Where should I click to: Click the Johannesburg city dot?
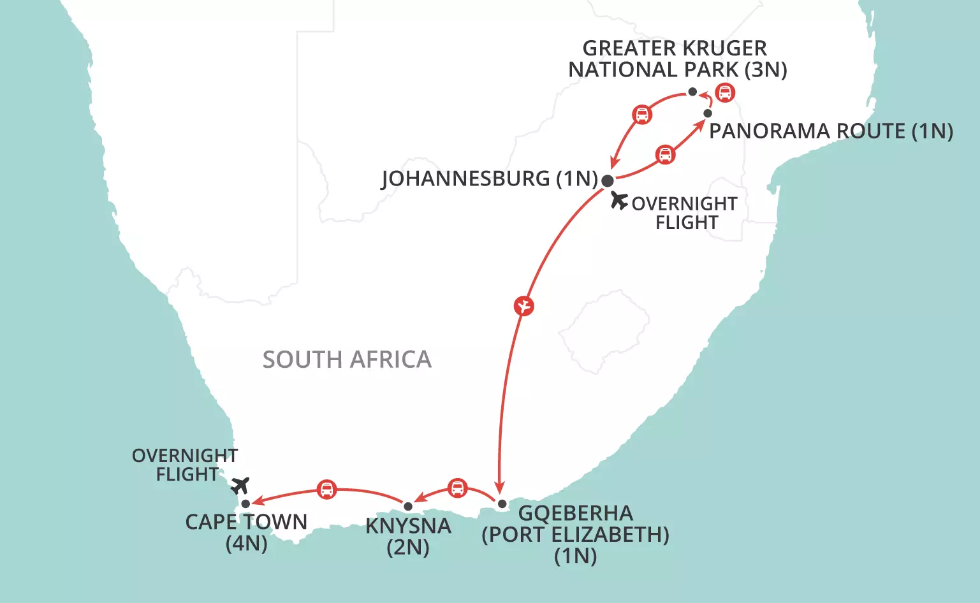point(608,180)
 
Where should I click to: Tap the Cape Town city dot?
point(245,504)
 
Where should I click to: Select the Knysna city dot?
point(408,506)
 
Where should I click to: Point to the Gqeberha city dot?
point(502,504)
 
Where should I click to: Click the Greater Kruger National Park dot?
point(692,92)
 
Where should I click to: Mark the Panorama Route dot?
point(708,113)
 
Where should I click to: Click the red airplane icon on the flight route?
point(523,307)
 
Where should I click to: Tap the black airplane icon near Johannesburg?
point(618,200)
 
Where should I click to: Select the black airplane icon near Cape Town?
point(240,486)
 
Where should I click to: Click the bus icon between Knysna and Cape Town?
point(326,490)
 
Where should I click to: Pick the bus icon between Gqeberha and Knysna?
point(457,488)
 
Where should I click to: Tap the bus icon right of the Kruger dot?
point(724,92)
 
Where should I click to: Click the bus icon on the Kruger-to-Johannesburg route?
point(642,115)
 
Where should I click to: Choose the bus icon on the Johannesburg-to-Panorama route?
point(665,155)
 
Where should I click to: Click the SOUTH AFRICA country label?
point(347,360)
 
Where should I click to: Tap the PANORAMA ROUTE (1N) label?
point(831,131)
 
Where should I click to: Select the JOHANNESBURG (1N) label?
point(489,178)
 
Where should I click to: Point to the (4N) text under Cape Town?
point(246,544)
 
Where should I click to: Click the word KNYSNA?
point(408,527)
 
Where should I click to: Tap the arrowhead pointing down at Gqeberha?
point(500,490)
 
